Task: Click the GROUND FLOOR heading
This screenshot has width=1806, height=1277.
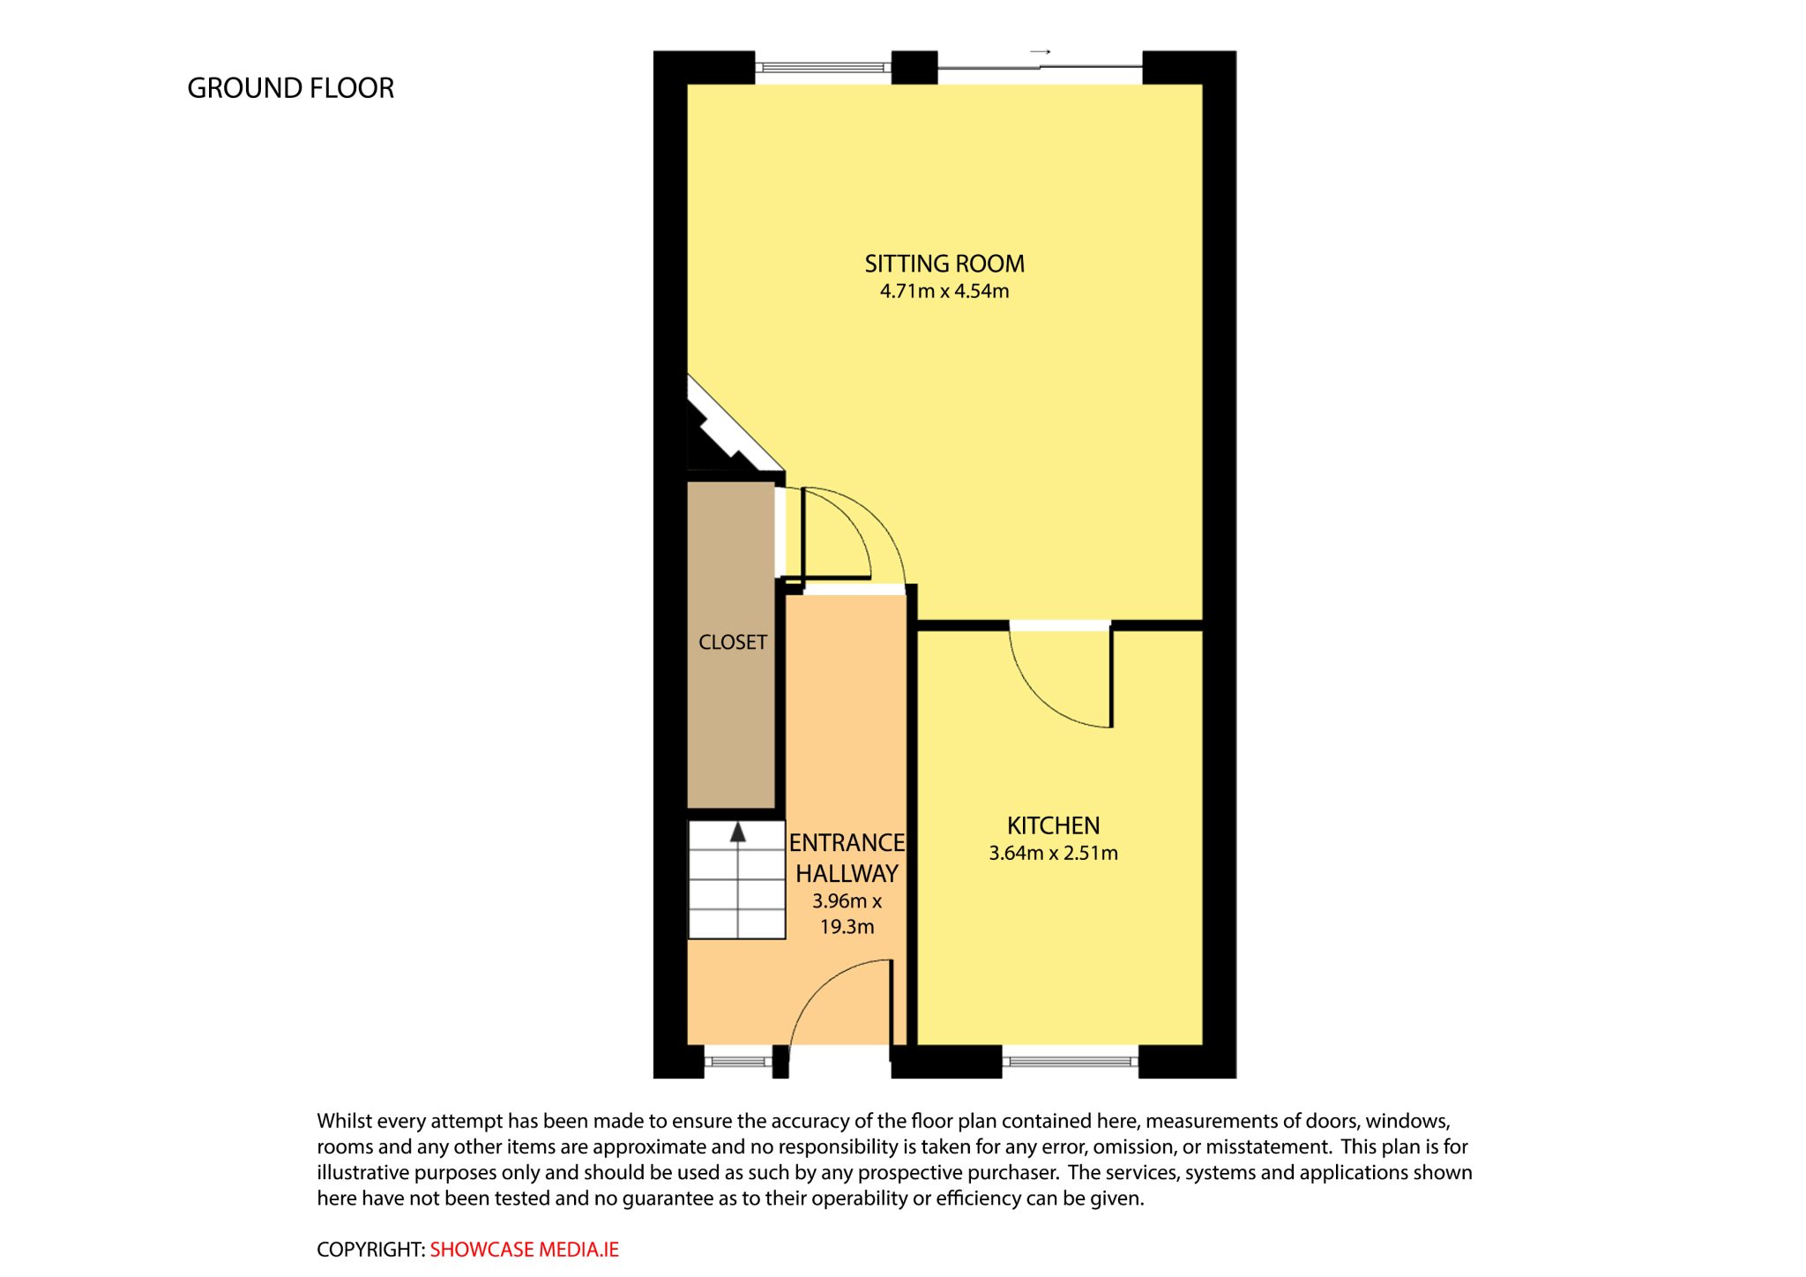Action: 290,88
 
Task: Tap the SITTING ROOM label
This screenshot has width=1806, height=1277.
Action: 944,264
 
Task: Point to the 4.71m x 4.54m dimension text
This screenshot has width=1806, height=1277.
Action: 944,291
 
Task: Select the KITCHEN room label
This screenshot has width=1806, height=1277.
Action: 1054,825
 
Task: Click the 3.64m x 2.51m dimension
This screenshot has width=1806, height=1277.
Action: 1054,853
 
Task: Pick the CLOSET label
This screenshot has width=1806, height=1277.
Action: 733,642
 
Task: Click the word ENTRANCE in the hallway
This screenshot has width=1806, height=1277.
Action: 847,843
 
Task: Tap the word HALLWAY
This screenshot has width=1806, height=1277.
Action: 847,874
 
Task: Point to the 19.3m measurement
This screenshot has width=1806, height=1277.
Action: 847,927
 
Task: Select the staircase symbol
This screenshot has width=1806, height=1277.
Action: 736,880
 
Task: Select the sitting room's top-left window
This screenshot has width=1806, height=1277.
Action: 824,67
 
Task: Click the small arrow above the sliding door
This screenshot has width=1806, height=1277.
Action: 1041,52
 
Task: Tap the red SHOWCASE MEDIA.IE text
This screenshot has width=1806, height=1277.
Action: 525,1250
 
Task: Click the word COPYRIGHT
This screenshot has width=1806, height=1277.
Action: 371,1250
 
